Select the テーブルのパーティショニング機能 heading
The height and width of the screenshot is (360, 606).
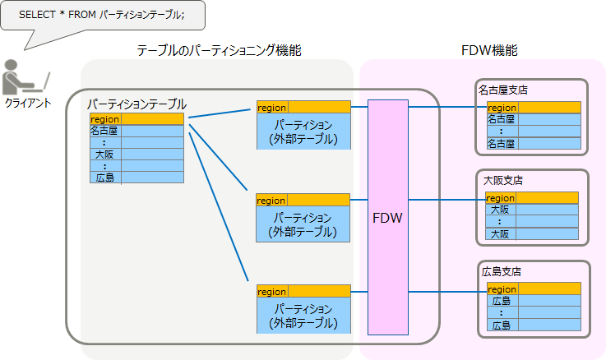point(219,51)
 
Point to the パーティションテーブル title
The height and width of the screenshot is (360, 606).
point(136,104)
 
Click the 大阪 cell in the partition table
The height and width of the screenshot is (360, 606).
point(104,154)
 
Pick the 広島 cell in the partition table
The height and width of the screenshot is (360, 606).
point(104,177)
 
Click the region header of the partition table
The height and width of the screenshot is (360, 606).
point(104,119)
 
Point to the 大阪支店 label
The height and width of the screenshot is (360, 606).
point(502,180)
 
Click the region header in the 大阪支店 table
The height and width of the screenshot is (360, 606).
point(502,198)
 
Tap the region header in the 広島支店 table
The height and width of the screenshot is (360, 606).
point(503,289)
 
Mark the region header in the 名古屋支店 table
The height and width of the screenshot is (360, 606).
point(502,108)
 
